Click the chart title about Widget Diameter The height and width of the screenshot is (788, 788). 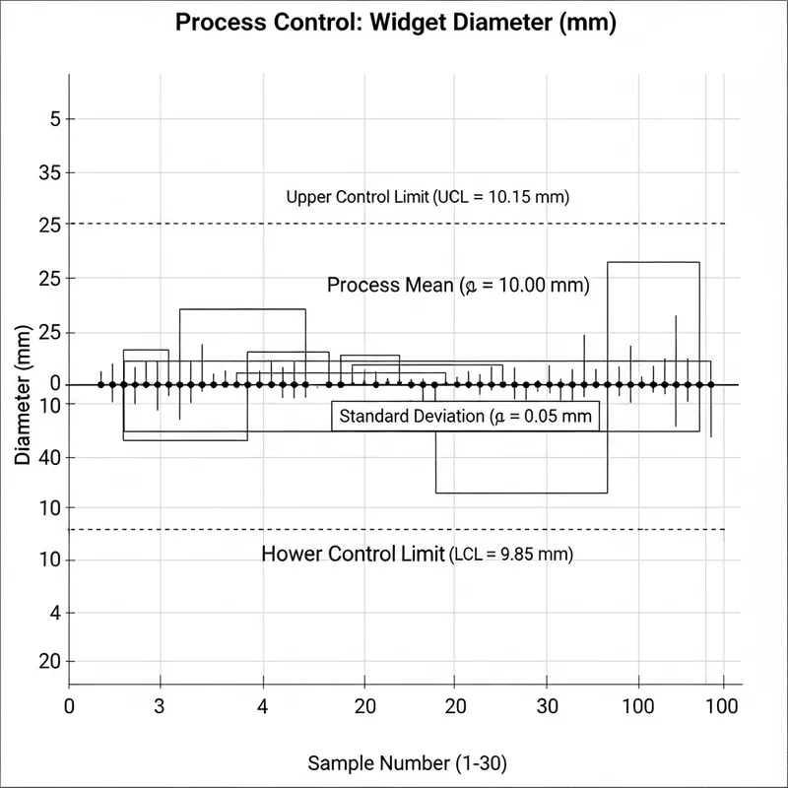(395, 24)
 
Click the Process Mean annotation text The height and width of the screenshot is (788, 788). (457, 287)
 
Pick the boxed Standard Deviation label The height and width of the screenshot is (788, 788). (465, 417)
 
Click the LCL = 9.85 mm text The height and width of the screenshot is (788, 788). (511, 555)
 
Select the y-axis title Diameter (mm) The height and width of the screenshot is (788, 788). (24, 402)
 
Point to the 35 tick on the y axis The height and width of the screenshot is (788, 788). (47, 172)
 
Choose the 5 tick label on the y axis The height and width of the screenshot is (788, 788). (54, 120)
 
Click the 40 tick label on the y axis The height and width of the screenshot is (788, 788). (47, 457)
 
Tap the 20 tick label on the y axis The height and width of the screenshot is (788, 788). (47, 661)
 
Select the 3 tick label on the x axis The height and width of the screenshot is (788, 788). (160, 706)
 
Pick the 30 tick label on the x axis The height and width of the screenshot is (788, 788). (548, 706)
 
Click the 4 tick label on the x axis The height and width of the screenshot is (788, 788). (262, 706)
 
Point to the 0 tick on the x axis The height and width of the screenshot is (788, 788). (69, 706)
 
